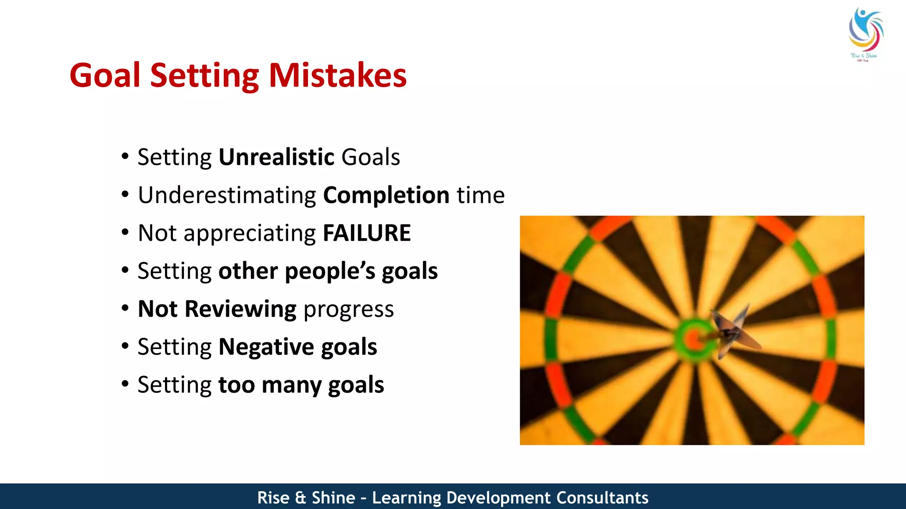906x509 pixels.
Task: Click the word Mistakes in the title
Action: click(x=338, y=76)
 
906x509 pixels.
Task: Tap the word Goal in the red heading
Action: click(x=105, y=76)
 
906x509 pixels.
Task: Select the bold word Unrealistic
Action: click(x=276, y=157)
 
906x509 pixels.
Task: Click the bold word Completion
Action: click(x=386, y=195)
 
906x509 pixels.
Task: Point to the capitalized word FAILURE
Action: click(x=367, y=233)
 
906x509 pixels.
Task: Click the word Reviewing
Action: click(x=240, y=309)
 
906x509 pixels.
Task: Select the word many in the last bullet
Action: click(x=291, y=385)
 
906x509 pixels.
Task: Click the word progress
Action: click(x=349, y=310)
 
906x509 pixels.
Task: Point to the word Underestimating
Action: click(x=227, y=195)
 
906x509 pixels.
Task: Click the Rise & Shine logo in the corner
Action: click(x=865, y=33)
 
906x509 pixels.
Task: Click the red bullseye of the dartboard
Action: click(x=692, y=339)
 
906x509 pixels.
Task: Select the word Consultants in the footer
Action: click(x=602, y=498)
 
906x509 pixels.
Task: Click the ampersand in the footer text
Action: click(x=300, y=498)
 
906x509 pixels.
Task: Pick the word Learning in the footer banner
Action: click(x=407, y=498)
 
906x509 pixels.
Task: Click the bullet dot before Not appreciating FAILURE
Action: click(x=125, y=232)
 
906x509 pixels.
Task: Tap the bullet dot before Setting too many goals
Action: click(x=125, y=384)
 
